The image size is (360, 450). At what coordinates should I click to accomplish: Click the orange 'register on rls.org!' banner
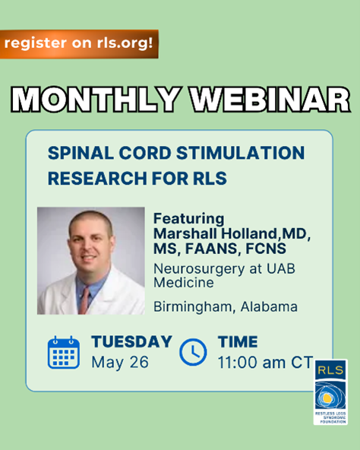tap(79, 44)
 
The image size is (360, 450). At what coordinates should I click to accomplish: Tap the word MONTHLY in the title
tap(96, 99)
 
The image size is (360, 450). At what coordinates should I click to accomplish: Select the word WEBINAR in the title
tap(270, 99)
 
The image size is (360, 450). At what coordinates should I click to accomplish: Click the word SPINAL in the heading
tap(81, 153)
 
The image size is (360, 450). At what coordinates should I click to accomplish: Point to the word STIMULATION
tap(241, 153)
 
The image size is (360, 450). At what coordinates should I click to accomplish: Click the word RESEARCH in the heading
tap(97, 178)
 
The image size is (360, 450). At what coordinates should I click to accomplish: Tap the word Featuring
tap(189, 219)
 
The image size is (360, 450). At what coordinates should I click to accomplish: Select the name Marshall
tap(185, 233)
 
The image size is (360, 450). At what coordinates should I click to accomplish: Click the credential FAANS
tap(211, 249)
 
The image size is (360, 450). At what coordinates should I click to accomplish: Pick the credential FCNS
tap(266, 249)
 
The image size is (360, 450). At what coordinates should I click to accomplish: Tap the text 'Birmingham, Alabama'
tap(226, 307)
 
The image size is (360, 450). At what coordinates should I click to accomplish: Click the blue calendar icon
tap(64, 352)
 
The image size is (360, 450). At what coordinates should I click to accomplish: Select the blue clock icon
tap(193, 352)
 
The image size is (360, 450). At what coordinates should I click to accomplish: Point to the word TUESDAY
tap(131, 342)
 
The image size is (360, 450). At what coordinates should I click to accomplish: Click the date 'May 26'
tap(120, 362)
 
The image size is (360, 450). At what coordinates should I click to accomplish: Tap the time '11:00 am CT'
tap(265, 362)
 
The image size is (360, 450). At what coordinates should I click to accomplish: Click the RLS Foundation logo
tap(330, 392)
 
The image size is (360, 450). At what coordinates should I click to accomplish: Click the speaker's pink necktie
tap(84, 300)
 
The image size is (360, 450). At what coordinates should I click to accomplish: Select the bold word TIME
tap(238, 342)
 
